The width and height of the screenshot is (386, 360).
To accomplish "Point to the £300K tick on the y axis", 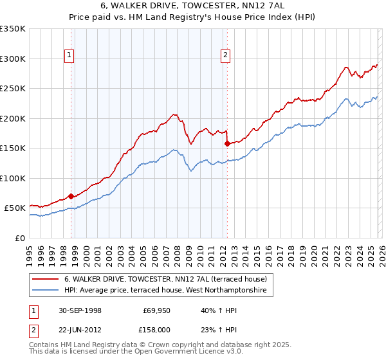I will (x=13, y=59).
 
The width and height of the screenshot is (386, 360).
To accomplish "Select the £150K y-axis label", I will (x=13, y=148).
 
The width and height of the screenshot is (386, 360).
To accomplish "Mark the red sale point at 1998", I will (x=71, y=196).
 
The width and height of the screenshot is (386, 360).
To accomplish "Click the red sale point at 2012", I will (x=227, y=143).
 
